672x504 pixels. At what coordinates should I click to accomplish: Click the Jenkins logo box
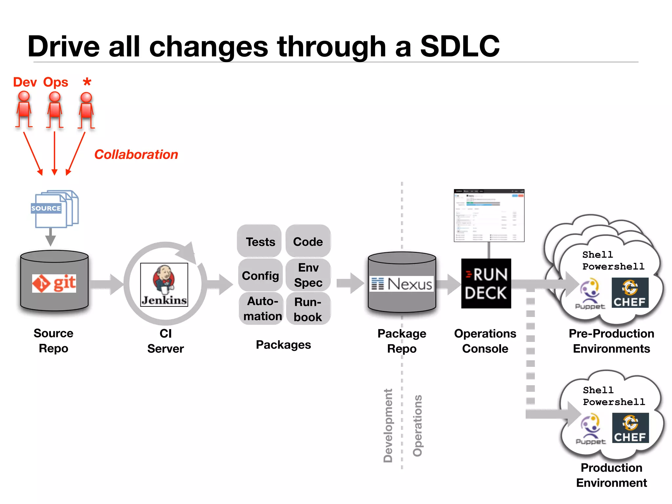[x=164, y=284]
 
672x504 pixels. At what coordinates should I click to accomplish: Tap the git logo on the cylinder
[x=54, y=283]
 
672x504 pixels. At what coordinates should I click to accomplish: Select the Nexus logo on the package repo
[x=402, y=284]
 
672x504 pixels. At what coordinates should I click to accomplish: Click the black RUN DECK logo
[x=486, y=283]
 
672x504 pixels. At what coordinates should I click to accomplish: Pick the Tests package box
[x=260, y=241]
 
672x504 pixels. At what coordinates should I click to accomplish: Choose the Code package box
[x=308, y=241]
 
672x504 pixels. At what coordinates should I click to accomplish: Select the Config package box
[x=260, y=275]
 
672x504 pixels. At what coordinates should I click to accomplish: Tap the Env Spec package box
[x=308, y=275]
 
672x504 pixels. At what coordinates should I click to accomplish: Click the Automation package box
[x=262, y=308]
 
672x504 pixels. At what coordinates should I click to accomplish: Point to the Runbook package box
[x=308, y=309]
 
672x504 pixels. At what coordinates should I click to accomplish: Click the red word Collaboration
[x=136, y=154]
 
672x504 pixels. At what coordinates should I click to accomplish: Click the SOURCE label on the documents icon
[x=46, y=208]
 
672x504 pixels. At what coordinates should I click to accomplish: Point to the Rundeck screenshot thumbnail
[x=489, y=215]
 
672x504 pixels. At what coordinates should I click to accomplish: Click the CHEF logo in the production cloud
[x=630, y=428]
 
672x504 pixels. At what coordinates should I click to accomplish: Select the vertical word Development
[x=388, y=426]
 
